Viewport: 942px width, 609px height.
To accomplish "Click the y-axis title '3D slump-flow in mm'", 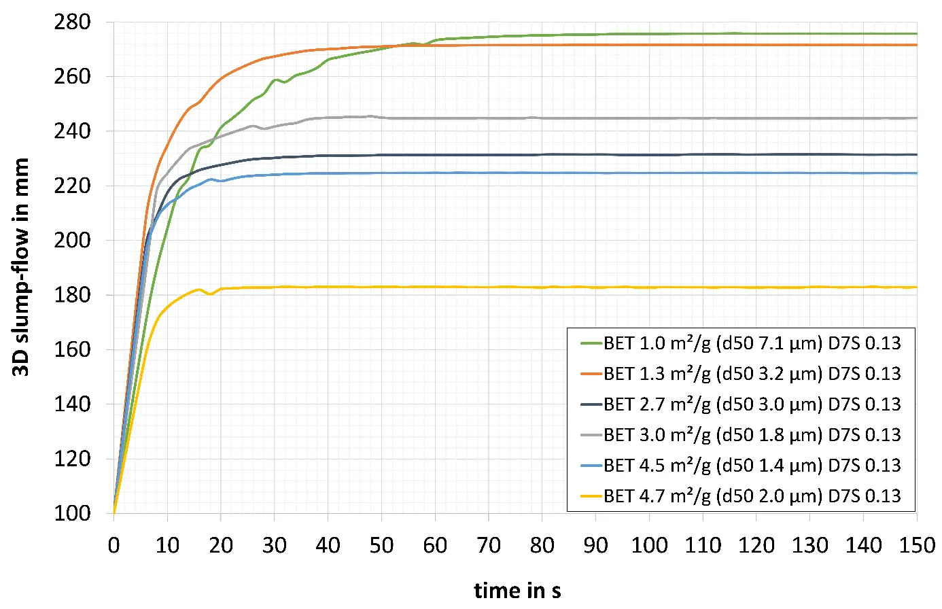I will pos(21,267).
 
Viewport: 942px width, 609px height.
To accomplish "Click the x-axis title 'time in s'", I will pos(517,590).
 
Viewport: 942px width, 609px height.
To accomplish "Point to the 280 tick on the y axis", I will pos(71,22).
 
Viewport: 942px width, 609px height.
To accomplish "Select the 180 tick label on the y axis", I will pos(71,295).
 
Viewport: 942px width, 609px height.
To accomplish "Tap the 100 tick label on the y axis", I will pos(71,513).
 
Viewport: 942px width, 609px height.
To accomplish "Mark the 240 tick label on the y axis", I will pos(71,131).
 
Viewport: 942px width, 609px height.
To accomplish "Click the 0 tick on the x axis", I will pos(114,545).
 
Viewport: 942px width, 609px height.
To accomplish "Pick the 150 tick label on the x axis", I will pos(917,545).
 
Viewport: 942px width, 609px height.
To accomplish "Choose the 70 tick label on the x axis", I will pos(489,545).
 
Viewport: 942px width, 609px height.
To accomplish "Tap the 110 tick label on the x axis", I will pos(703,545).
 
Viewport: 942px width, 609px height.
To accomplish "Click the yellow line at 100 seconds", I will pos(649,288).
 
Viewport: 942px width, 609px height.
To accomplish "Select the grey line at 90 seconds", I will pos(595,118).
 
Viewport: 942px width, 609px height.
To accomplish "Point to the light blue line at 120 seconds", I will pos(756,173).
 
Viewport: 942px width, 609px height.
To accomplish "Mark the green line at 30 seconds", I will pos(275,80).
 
